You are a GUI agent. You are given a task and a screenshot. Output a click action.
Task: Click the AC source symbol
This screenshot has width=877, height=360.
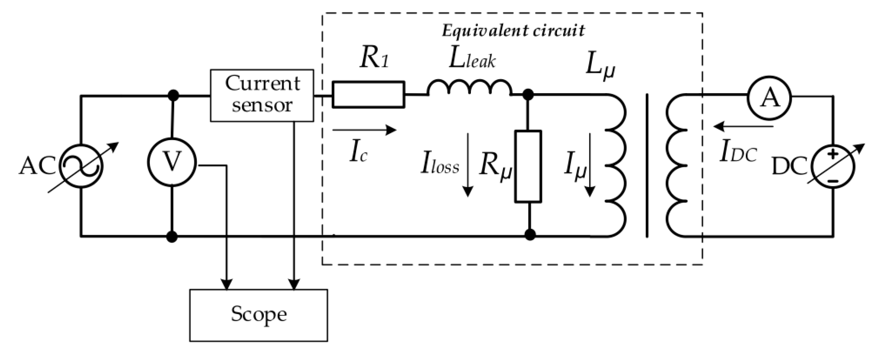click(x=81, y=166)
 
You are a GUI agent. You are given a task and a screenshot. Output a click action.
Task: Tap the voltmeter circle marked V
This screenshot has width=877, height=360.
click(x=172, y=162)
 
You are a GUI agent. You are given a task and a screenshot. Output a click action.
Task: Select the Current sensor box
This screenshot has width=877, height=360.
click(x=262, y=95)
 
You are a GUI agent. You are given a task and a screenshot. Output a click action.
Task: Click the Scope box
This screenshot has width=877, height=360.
click(x=258, y=315)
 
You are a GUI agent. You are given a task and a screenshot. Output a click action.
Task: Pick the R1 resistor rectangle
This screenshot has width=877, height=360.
click(x=368, y=95)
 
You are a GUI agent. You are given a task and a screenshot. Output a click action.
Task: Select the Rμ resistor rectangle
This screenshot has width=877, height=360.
click(x=528, y=167)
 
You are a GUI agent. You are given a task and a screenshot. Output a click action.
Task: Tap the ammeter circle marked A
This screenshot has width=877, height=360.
click(x=769, y=98)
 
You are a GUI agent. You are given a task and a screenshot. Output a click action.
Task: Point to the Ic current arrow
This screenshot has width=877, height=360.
click(x=364, y=130)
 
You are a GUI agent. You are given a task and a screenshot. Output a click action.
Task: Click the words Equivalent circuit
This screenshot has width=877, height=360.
click(x=513, y=31)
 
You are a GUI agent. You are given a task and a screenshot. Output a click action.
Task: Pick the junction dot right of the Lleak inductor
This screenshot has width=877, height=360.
click(x=528, y=95)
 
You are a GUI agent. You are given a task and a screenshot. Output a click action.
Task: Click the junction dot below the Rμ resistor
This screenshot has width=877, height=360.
click(x=530, y=235)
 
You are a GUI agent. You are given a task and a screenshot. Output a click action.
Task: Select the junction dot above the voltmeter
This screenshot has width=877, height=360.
click(x=174, y=95)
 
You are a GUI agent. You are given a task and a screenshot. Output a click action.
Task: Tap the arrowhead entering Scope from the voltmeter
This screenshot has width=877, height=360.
click(x=227, y=284)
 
